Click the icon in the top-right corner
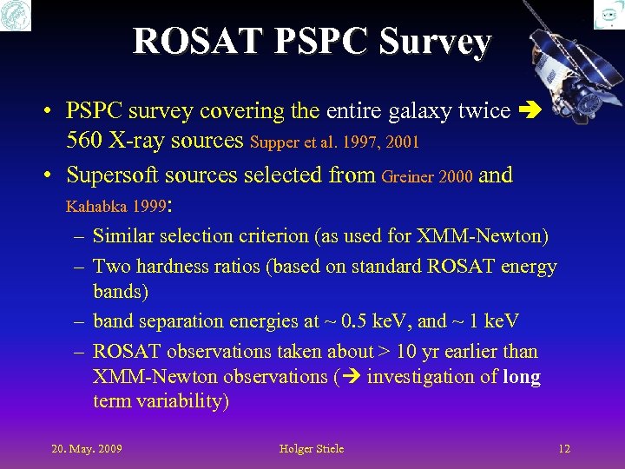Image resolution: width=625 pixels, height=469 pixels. tap(609, 15)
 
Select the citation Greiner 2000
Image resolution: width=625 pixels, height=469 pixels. tap(427, 177)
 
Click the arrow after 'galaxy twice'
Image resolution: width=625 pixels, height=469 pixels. tap(527, 111)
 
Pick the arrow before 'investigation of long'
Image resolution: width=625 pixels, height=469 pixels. tap(352, 378)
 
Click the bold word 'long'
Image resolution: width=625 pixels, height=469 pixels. tap(521, 377)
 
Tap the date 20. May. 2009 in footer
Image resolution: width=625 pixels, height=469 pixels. tap(87, 449)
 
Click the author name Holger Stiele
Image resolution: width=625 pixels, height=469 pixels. tap(312, 449)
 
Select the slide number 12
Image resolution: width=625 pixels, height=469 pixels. tap(564, 449)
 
